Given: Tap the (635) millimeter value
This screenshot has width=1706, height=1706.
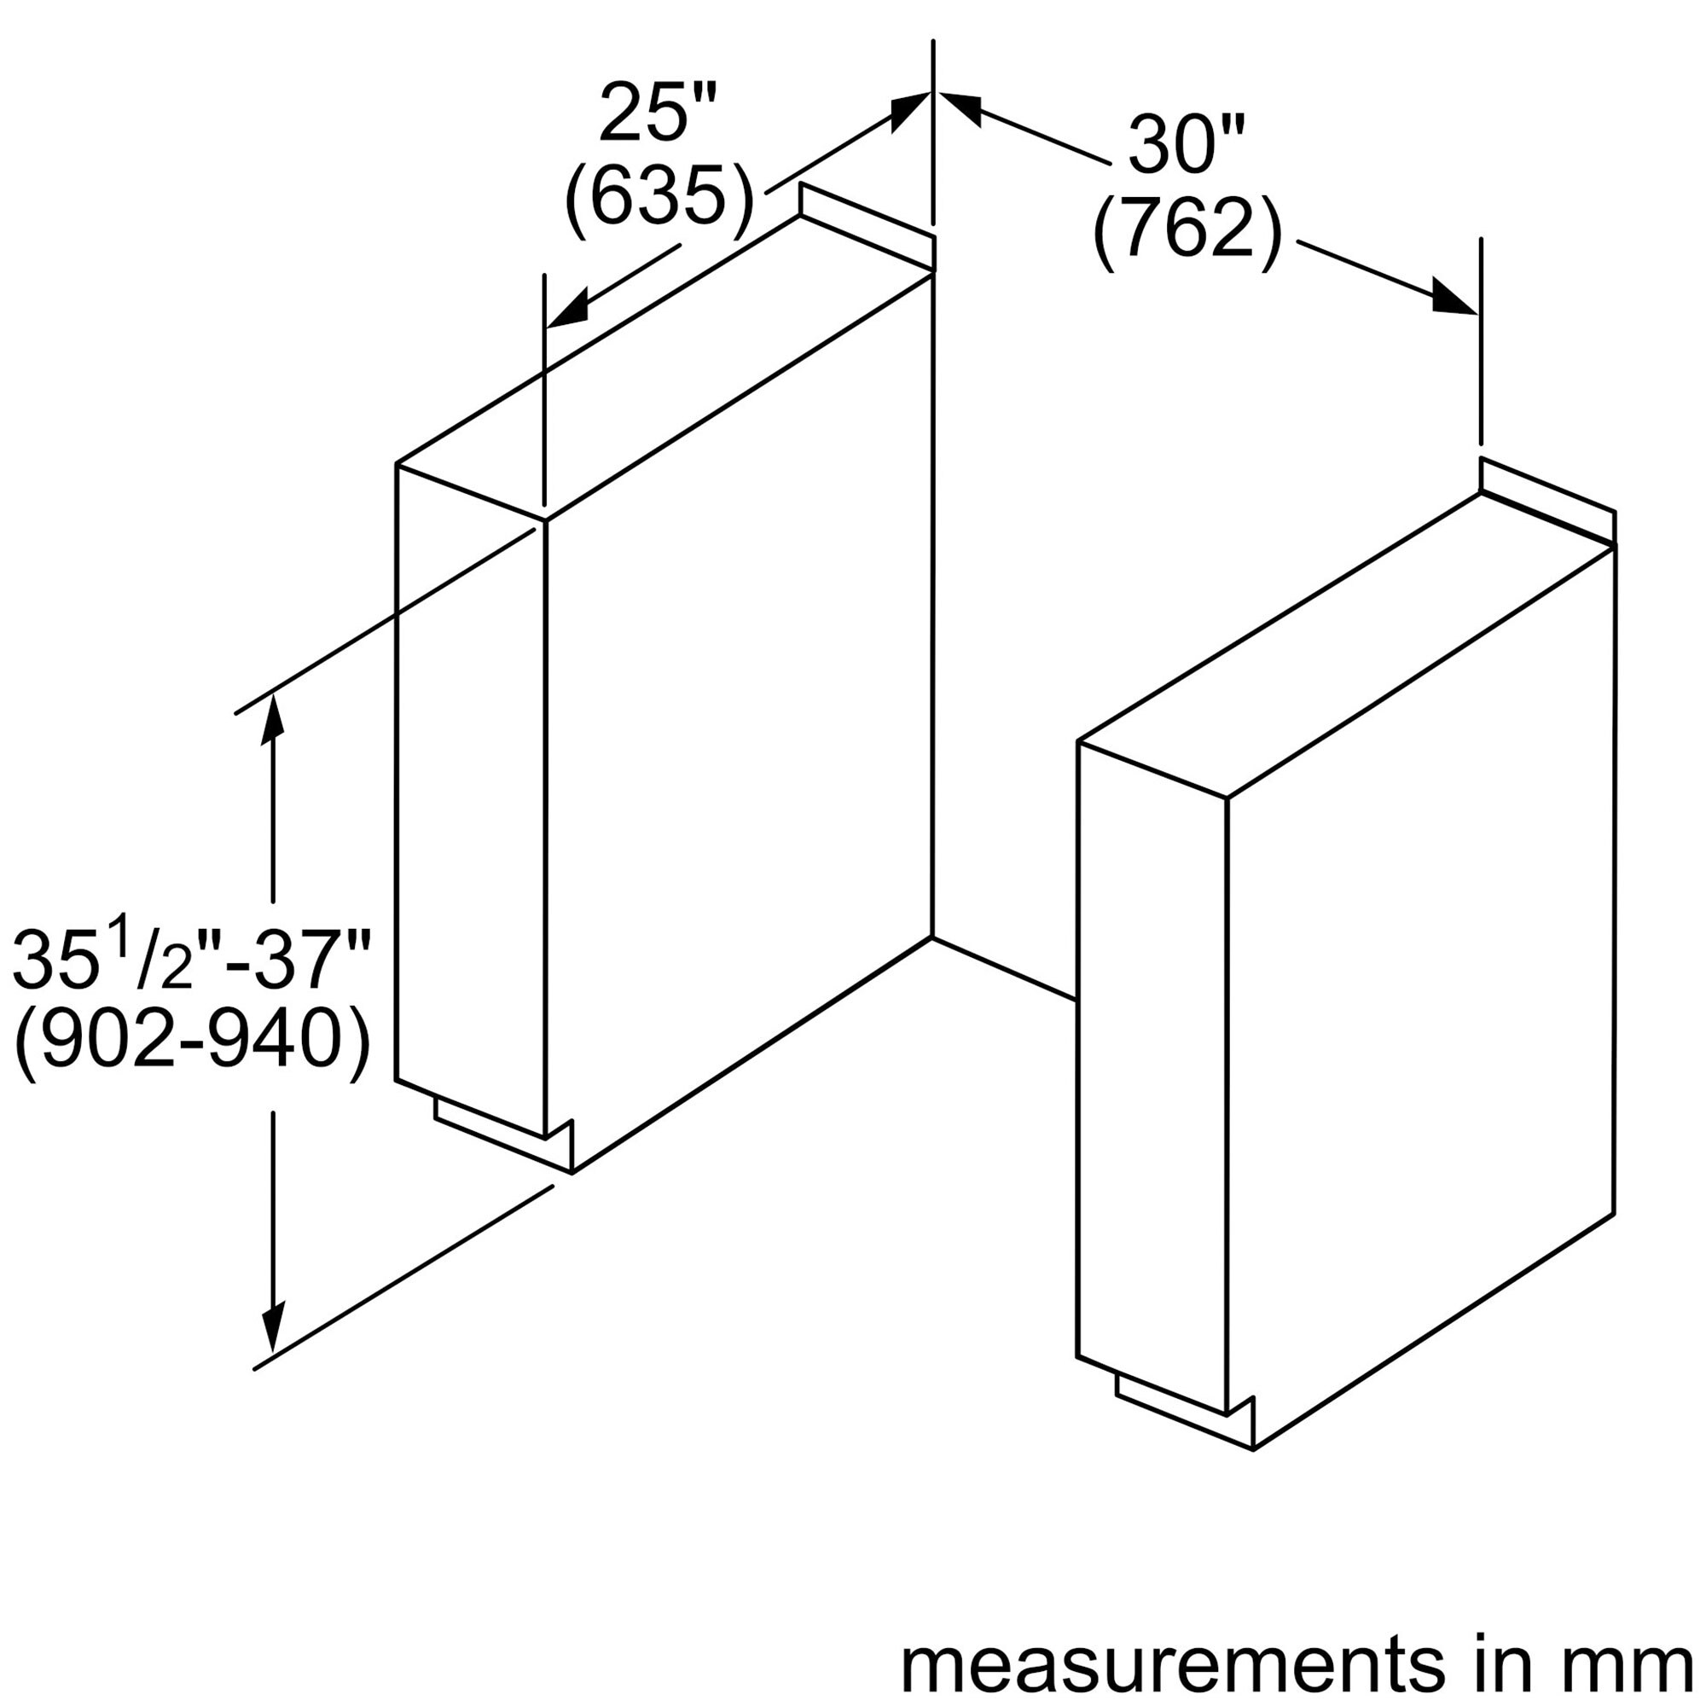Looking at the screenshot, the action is [x=659, y=197].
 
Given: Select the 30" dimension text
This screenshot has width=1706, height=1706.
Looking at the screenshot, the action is [x=1187, y=144].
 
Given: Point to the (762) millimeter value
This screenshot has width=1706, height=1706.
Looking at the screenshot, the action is [x=1187, y=230].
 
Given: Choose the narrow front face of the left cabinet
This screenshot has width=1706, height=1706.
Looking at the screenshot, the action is [x=471, y=798].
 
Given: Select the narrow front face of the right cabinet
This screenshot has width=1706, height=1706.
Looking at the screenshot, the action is [x=1152, y=1076].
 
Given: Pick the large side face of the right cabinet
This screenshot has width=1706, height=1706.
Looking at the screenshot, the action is [x=1421, y=999].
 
